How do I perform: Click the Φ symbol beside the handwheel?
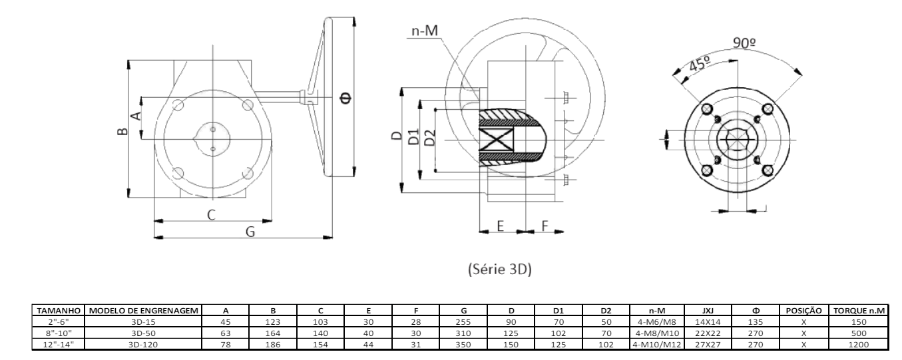(344, 99)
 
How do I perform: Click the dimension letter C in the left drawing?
(211, 214)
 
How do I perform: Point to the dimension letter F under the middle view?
(545, 226)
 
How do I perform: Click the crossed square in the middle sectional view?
(495, 140)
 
